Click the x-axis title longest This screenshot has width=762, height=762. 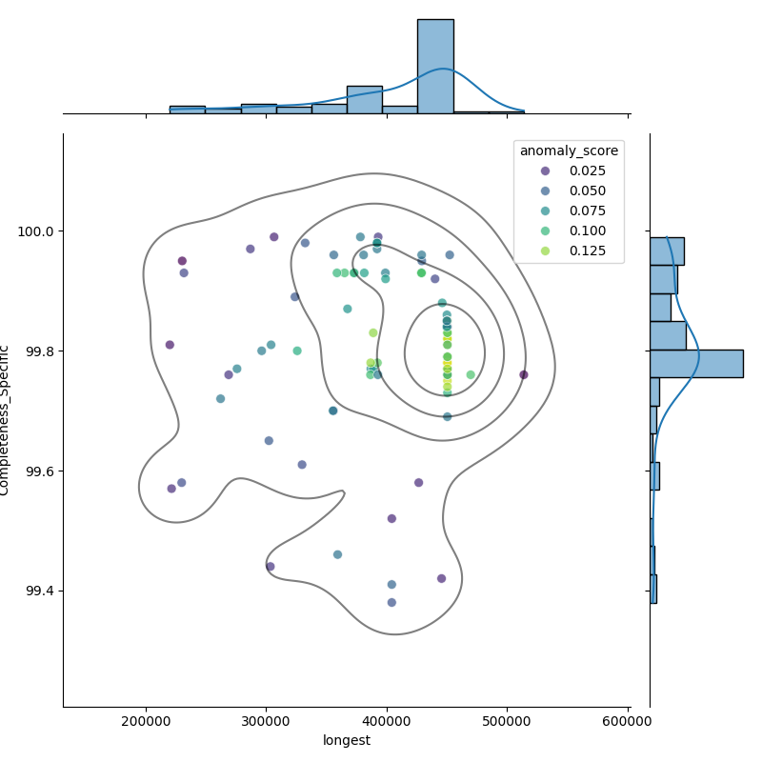[347, 740]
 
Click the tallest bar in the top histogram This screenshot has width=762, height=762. [435, 67]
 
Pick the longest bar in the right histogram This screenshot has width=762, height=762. [695, 363]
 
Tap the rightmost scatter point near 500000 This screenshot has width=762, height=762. [524, 374]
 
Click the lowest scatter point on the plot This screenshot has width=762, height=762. [391, 602]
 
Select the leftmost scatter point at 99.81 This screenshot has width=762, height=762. [170, 345]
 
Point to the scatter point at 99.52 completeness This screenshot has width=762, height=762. [391, 518]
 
